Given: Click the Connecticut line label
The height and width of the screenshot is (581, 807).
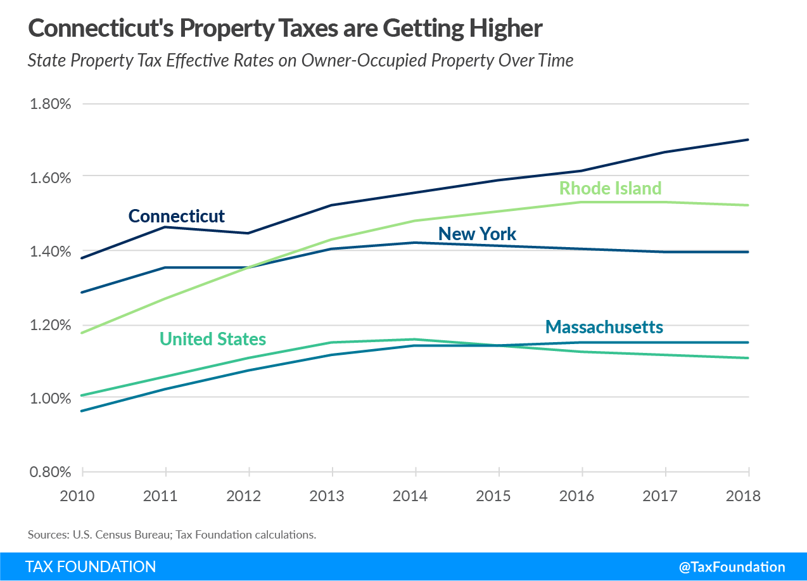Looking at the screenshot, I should [176, 216].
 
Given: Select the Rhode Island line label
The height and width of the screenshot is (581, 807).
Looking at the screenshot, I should [610, 188].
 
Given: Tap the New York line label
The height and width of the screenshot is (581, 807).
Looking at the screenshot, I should [477, 234].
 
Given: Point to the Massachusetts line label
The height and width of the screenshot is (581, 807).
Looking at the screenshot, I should [604, 327].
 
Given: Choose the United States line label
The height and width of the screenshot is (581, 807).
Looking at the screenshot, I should [213, 339].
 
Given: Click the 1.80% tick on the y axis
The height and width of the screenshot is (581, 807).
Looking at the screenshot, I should [50, 103].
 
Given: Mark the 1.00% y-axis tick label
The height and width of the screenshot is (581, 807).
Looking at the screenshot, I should [50, 398].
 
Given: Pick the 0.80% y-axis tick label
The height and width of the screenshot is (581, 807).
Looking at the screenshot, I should [50, 472].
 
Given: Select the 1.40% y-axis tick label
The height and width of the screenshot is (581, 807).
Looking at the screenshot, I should [50, 251].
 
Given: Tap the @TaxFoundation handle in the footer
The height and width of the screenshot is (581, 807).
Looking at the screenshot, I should [732, 567].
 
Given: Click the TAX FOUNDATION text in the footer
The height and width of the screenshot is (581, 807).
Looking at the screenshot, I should [91, 567].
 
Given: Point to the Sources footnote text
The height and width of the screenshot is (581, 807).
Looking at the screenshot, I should [172, 534].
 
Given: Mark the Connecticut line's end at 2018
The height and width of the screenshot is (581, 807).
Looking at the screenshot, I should [749, 139].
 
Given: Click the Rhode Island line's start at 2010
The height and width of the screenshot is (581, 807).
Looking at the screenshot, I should [82, 333].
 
